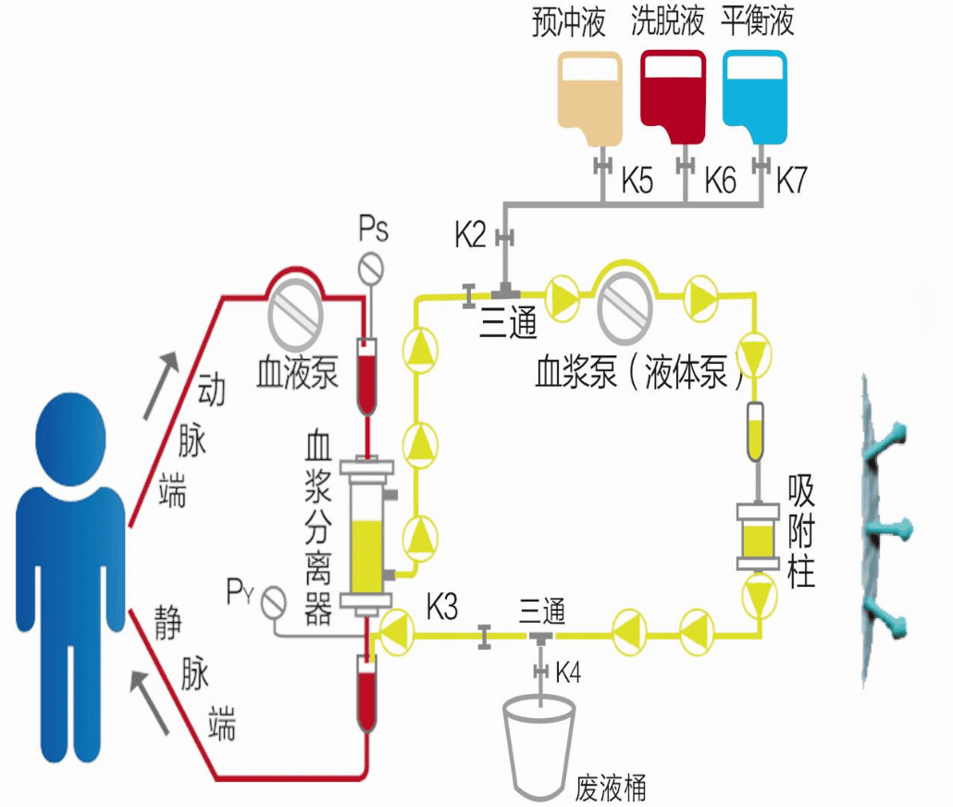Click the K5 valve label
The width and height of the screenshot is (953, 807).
point(637,180)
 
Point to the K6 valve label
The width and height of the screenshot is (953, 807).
point(720,180)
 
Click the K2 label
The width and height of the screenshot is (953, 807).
point(470,235)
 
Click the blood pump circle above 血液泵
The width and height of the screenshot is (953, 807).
point(297,313)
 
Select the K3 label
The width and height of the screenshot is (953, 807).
point(442,608)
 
